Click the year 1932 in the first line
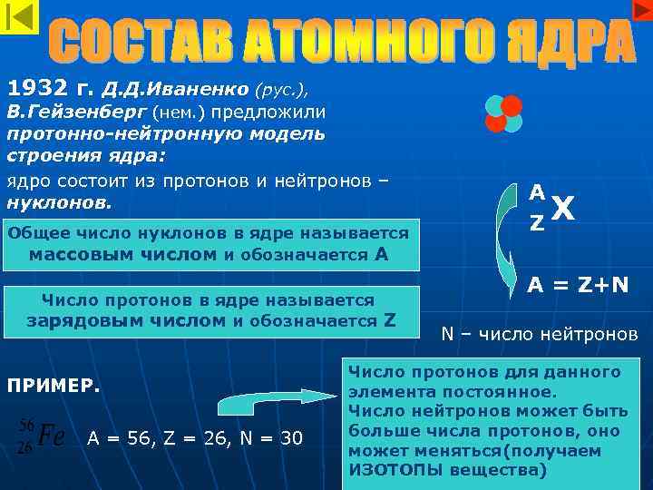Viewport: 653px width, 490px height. tap(37, 89)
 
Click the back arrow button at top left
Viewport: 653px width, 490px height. tap(19, 17)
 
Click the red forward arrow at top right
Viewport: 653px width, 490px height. tap(640, 9)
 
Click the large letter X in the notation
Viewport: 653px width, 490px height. tap(562, 211)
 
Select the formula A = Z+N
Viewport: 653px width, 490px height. tap(579, 286)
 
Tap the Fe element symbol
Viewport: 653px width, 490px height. tap(51, 436)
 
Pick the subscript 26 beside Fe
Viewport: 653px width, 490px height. tap(26, 447)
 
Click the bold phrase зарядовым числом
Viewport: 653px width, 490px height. tap(126, 320)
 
